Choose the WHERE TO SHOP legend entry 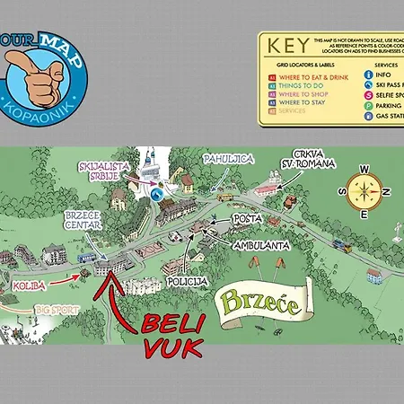point(300,92)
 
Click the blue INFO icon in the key point(367,75)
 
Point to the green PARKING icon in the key point(367,106)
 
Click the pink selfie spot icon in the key point(367,95)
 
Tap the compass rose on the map point(364,190)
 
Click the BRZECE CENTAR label point(83,221)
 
